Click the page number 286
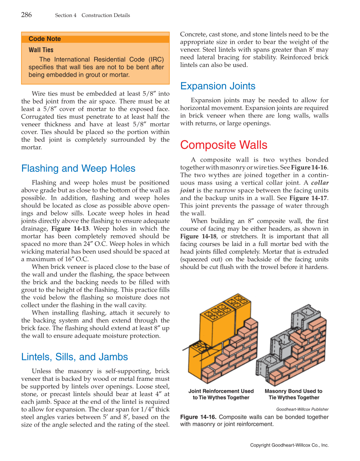pyautogui.click(x=26, y=15)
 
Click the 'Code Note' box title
pyautogui.click(x=45, y=39)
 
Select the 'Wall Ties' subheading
pyautogui.click(x=41, y=50)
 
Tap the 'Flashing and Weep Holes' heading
pyautogui.click(x=78, y=168)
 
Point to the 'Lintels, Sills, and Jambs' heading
pyautogui.click(x=74, y=357)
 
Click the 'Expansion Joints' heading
pyautogui.click(x=218, y=86)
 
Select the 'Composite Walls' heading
pyautogui.click(x=223, y=145)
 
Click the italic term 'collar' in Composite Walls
pyautogui.click(x=320, y=183)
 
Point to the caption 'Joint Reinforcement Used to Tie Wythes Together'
pyautogui.click(x=221, y=394)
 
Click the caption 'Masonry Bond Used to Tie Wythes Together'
pyautogui.click(x=293, y=394)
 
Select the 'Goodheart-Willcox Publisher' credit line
pyautogui.click(x=302, y=409)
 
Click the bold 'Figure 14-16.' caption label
pyautogui.click(x=198, y=417)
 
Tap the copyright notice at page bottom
pyautogui.click(x=289, y=445)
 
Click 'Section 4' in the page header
pyautogui.click(x=65, y=15)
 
